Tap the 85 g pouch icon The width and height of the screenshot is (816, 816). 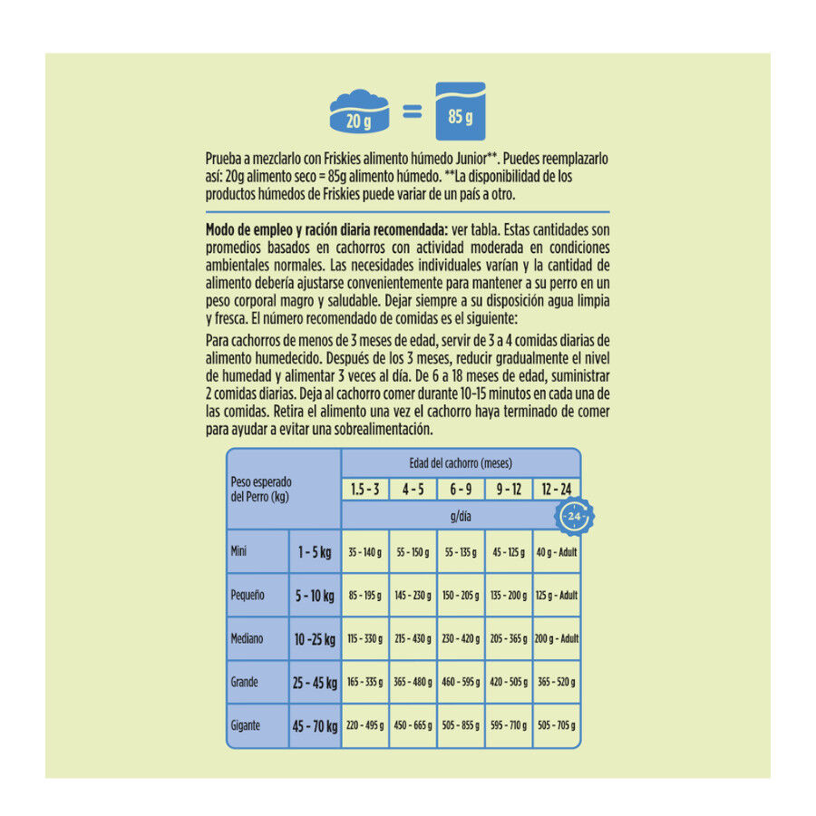[x=460, y=112]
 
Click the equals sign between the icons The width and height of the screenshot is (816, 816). [x=412, y=112]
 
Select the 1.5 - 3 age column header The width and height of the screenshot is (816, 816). [x=365, y=490]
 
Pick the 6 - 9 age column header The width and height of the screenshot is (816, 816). [x=461, y=490]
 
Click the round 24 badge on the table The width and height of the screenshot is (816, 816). [x=573, y=516]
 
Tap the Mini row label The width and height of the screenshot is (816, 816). [x=240, y=551]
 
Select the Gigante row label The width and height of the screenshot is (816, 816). [x=246, y=725]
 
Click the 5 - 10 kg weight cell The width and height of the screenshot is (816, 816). [x=314, y=596]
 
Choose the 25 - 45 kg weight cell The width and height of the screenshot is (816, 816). [x=314, y=682]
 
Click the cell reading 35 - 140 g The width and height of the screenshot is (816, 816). [x=364, y=552]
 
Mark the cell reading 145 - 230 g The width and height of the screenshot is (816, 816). [x=413, y=596]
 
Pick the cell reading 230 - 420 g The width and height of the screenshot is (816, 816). [x=461, y=638]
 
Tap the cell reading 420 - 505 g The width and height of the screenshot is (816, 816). [x=509, y=682]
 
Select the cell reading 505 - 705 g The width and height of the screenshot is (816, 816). [x=557, y=725]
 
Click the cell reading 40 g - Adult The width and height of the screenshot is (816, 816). [x=557, y=552]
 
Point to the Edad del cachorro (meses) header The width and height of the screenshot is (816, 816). [x=461, y=462]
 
